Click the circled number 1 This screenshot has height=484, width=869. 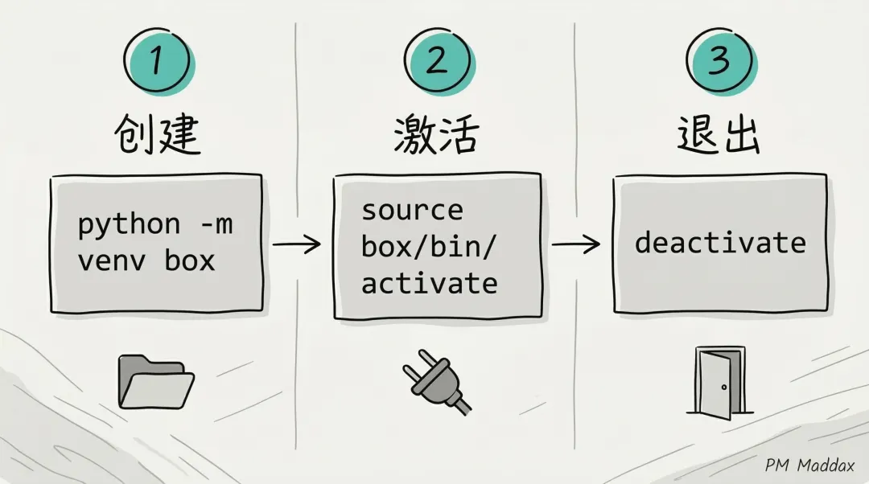click(x=158, y=61)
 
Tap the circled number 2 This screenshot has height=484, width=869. click(x=437, y=61)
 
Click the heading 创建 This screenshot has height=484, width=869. click(x=158, y=135)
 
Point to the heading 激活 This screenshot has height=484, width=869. click(x=436, y=135)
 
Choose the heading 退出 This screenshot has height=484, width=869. click(x=717, y=135)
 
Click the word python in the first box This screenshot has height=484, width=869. click(x=129, y=225)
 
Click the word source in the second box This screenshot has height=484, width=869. click(x=412, y=211)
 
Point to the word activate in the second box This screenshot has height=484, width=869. click(x=429, y=283)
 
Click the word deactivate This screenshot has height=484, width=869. click(x=720, y=243)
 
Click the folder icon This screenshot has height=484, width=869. click(x=155, y=380)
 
